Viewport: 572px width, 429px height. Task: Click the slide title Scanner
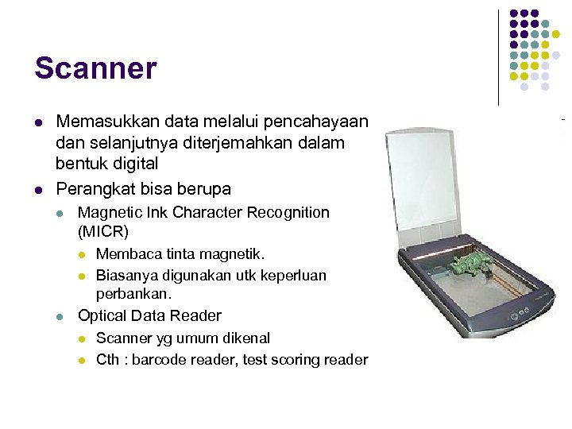pos(95,68)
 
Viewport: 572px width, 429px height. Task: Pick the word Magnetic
pos(106,213)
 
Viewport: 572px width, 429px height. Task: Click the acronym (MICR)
pos(103,232)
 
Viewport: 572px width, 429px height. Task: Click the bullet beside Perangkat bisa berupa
pos(39,190)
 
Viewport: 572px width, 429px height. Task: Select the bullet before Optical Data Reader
pos(60,316)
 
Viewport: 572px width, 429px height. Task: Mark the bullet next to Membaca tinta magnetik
pos(82,255)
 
